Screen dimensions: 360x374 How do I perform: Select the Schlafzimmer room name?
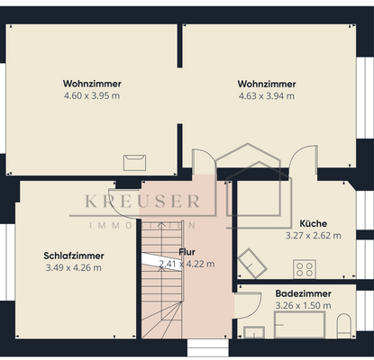pos(72,256)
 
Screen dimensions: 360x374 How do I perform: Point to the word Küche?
pos(313,223)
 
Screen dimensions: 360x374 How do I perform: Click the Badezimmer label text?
pos(303,293)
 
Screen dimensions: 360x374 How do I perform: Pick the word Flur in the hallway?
pos(187,252)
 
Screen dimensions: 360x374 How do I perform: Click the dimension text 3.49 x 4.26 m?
pos(72,267)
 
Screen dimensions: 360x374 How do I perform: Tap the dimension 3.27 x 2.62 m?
pos(313,235)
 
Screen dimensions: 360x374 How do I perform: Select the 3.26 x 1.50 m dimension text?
pos(303,305)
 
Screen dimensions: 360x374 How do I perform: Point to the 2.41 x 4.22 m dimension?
pos(187,264)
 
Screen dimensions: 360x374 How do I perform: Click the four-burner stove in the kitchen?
pos(306,268)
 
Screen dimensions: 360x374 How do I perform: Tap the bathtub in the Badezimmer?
pos(300,326)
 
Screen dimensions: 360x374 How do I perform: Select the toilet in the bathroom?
pos(344,326)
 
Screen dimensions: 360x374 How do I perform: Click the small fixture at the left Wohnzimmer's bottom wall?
pos(135,162)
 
